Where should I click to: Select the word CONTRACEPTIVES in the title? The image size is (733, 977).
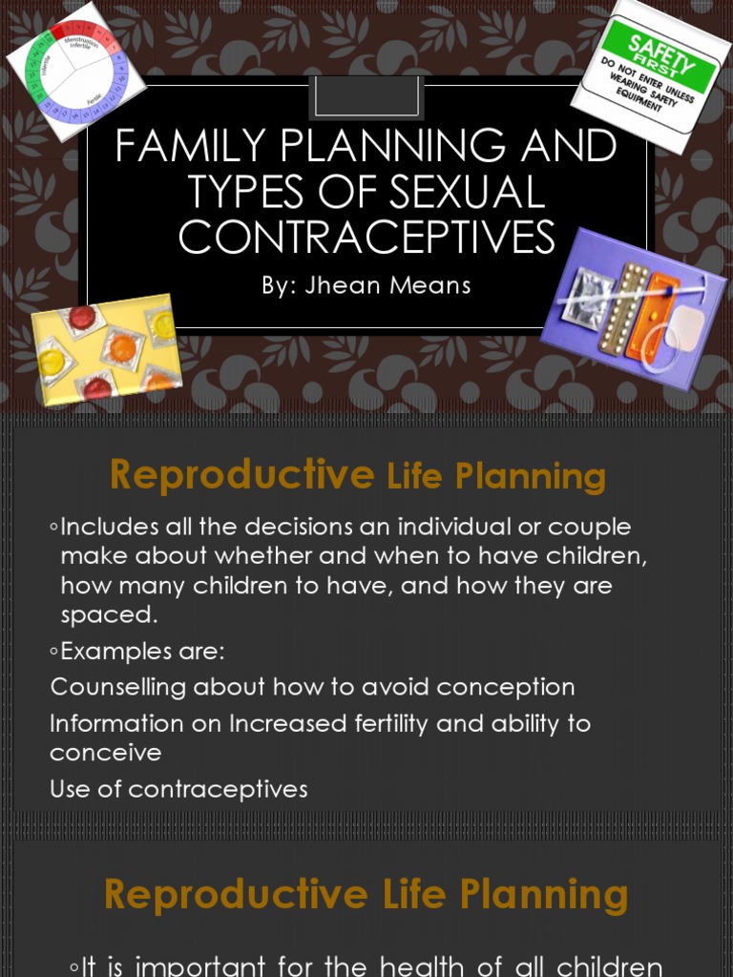click(366, 238)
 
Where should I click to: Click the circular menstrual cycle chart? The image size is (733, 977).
click(76, 71)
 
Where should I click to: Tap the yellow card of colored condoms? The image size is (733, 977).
click(107, 349)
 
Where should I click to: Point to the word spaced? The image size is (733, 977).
click(108, 615)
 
